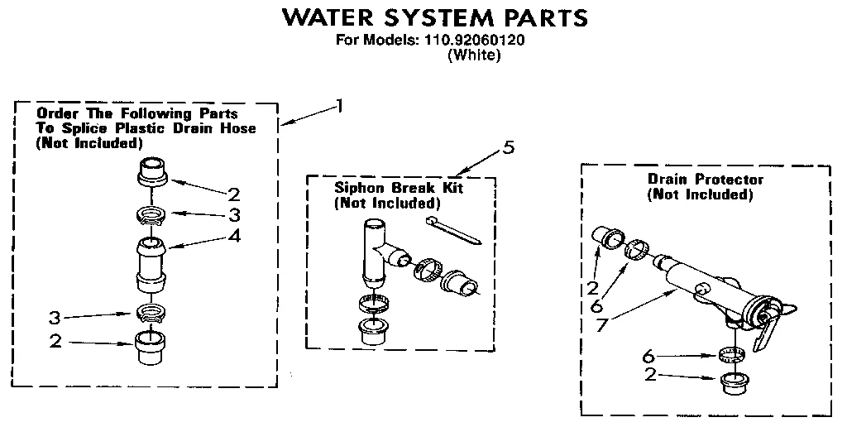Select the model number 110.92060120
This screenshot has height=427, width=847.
[479, 40]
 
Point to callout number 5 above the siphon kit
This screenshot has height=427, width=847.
[508, 147]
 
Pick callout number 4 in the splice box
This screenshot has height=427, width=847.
[235, 235]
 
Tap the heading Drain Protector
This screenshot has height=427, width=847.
[706, 179]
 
